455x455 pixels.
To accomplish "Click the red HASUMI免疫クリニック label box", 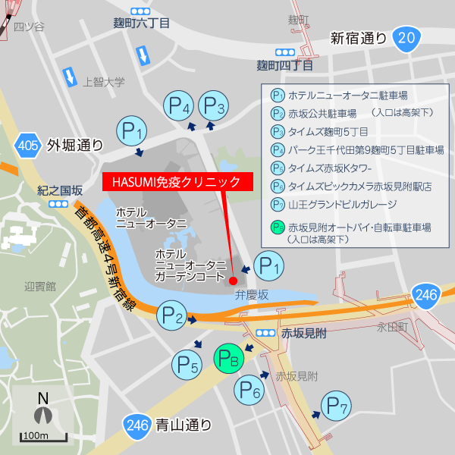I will click(176, 182).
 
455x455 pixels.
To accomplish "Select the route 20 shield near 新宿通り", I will click(407, 38).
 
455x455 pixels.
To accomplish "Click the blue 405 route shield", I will click(27, 144).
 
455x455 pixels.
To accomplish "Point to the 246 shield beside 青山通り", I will click(137, 425).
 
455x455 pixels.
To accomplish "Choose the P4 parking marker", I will click(179, 107).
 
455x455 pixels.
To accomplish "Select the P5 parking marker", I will click(188, 368).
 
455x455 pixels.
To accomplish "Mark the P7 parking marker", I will click(336, 407).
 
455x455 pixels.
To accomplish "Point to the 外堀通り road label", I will click(74, 144).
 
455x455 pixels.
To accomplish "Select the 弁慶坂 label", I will click(251, 293).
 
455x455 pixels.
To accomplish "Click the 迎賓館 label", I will click(40, 287).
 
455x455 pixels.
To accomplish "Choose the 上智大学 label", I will click(103, 82).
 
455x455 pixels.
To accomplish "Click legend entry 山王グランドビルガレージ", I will click(342, 204).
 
